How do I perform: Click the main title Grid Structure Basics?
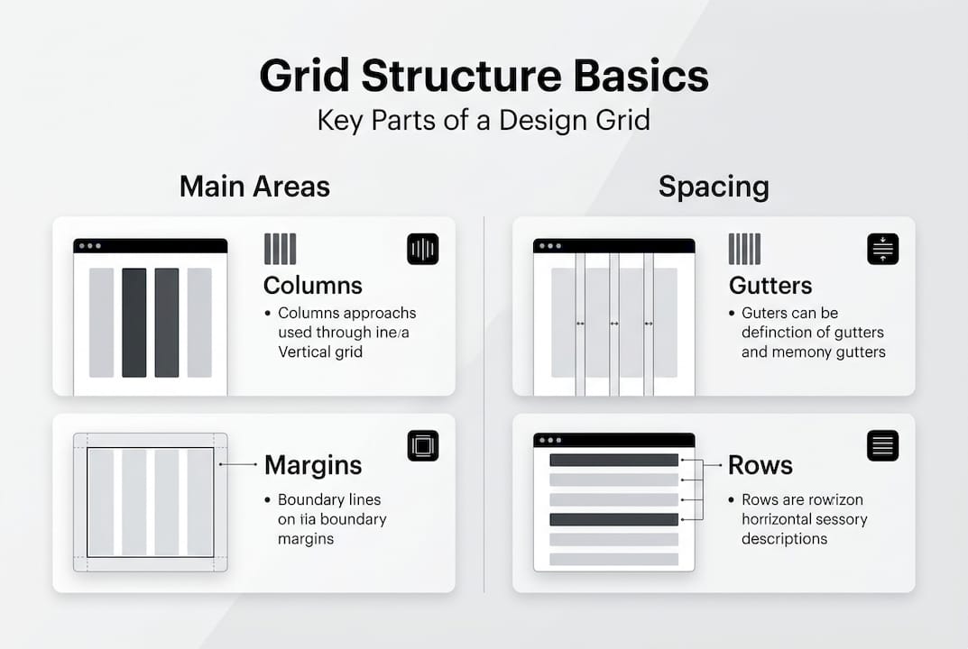(x=484, y=77)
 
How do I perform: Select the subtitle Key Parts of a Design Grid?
(x=484, y=120)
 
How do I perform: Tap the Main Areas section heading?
(x=254, y=187)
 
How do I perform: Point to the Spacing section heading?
(x=714, y=187)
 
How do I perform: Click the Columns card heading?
(x=313, y=286)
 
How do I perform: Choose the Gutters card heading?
(x=770, y=286)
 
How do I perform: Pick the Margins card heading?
(x=313, y=465)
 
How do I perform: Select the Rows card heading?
(x=761, y=465)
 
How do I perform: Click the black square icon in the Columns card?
(x=422, y=249)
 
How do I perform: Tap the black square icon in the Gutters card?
(x=882, y=249)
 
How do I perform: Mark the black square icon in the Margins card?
(x=422, y=445)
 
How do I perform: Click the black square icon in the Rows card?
(x=882, y=445)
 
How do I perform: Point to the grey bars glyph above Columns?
(x=280, y=249)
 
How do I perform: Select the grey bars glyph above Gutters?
(x=744, y=249)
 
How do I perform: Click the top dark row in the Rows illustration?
(x=613, y=460)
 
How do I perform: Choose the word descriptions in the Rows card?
(x=784, y=539)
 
